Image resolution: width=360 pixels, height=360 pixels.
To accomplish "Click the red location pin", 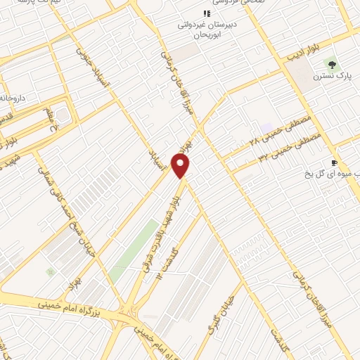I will (x=181, y=166).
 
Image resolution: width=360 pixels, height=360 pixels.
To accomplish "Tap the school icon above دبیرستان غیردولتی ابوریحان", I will (x=207, y=14).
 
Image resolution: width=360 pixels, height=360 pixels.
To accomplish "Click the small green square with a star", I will (x=49, y=271).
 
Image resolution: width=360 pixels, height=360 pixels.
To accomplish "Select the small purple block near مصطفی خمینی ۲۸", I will (x=266, y=128).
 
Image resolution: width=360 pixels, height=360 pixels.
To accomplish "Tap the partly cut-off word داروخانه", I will (x=12, y=98).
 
